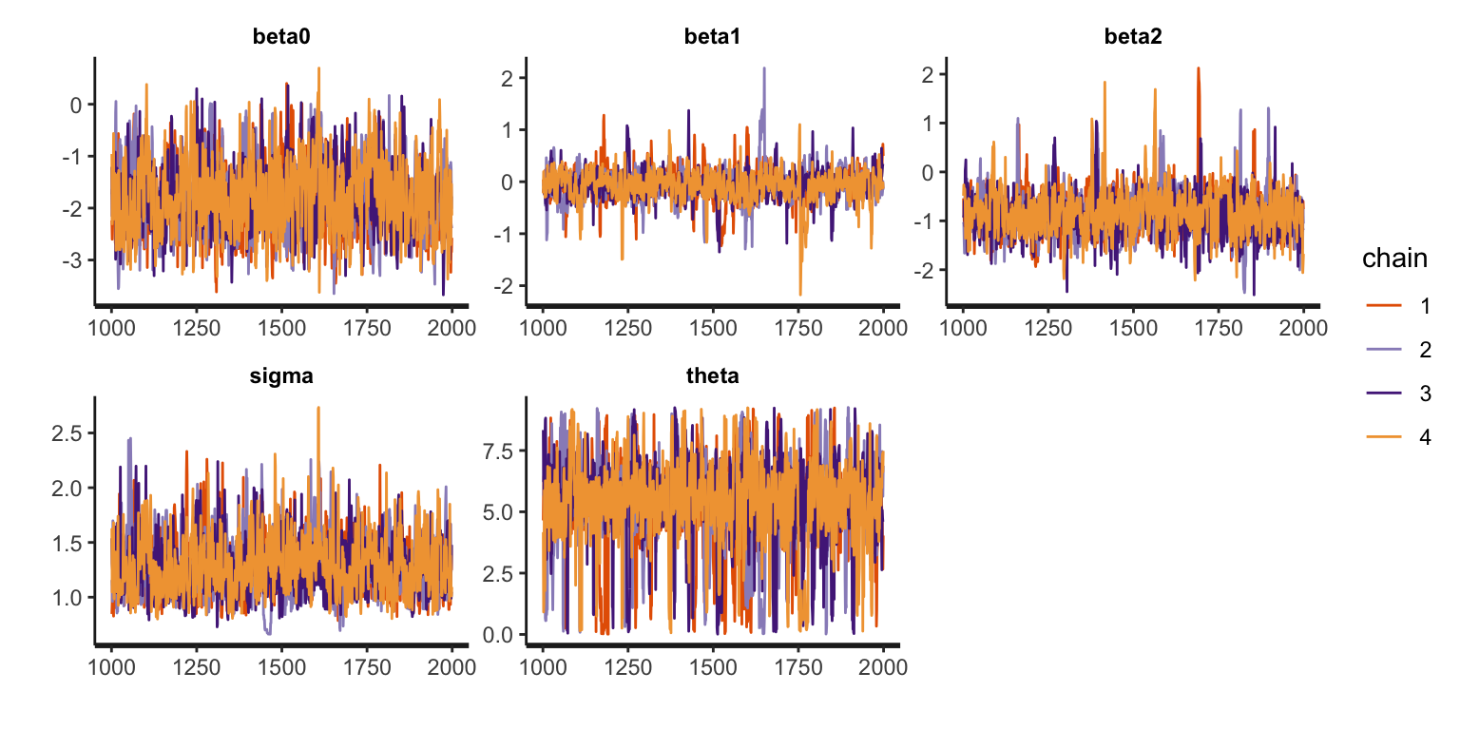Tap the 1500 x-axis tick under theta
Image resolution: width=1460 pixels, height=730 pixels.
click(713, 667)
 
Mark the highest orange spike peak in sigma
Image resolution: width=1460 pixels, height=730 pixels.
click(318, 408)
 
